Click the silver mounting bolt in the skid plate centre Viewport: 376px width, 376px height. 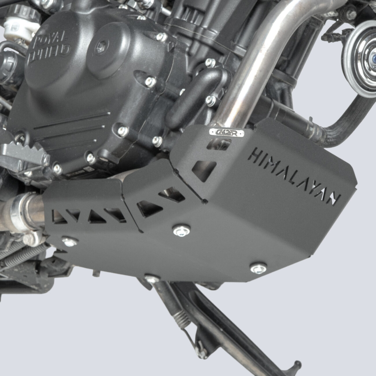[x=180, y=230]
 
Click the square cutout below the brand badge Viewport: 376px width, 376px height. [x=205, y=168]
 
